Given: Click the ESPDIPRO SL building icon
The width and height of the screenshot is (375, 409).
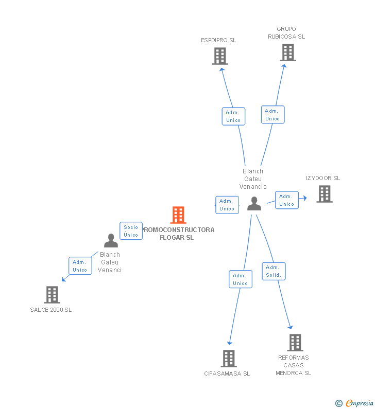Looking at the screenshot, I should [220, 56].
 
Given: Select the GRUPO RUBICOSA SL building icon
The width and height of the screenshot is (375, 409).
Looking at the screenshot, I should [288, 52].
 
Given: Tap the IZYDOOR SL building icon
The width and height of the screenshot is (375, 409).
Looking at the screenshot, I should [324, 194].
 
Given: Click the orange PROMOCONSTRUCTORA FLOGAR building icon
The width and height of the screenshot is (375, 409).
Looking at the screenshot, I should [178, 215].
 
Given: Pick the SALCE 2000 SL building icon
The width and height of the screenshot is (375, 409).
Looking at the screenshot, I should [52, 295].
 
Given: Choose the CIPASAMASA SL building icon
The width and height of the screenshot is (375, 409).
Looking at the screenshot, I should [228, 359].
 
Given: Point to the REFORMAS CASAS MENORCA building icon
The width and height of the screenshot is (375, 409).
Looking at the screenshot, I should [295, 343].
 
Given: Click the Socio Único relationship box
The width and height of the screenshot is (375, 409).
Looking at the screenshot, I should [131, 231].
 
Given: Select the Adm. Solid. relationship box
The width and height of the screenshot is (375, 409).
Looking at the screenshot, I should [274, 271].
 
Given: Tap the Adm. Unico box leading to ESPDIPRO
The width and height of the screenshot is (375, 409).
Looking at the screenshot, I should [233, 116].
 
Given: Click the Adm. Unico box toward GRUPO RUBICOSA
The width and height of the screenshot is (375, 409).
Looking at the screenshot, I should [272, 115].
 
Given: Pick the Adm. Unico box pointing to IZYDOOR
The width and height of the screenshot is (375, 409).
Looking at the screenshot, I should [286, 200].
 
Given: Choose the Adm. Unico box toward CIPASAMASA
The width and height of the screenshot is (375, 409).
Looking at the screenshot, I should [240, 279].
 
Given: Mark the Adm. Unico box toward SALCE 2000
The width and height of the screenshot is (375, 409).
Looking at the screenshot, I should [80, 266].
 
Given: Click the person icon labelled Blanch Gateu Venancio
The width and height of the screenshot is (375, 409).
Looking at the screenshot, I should [254, 204].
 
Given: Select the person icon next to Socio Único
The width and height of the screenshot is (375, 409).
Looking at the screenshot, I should [111, 241].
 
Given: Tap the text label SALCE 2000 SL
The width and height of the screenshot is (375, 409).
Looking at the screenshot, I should [51, 310].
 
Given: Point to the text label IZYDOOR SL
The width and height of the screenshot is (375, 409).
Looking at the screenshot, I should [323, 178].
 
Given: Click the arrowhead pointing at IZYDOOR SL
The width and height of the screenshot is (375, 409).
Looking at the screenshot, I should [304, 198].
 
